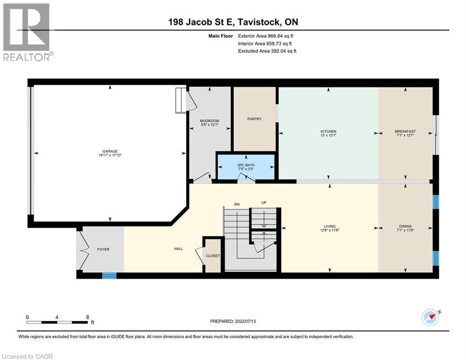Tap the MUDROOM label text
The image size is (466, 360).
click(197, 121)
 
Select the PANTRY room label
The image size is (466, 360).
click(254, 119)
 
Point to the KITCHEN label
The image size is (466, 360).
click(328, 131)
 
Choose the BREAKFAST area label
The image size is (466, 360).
click(405, 131)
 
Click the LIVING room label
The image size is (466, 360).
click(329, 226)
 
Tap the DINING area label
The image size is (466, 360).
click(405, 226)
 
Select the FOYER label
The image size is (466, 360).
click(103, 249)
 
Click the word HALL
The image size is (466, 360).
click(178, 249)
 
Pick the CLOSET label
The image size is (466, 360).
click(213, 256)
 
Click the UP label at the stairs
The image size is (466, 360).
click(264, 203)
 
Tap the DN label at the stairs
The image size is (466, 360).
click(237, 204)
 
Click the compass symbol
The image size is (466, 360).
click(430, 317)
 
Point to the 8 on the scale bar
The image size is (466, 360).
click(88, 317)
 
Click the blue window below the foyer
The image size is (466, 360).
click(109, 276)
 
